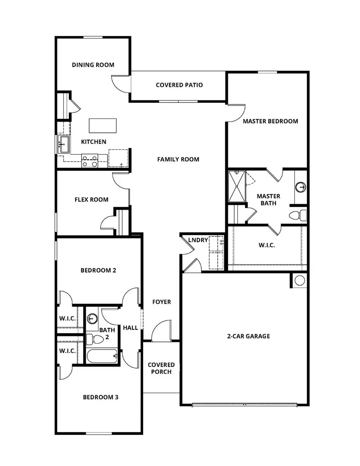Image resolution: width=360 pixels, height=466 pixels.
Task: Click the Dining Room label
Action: [93, 65]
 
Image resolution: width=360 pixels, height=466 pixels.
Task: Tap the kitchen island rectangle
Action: [103, 126]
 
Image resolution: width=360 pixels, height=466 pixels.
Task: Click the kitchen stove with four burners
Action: [90, 161]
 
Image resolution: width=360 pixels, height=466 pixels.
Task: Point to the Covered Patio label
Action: [179, 85]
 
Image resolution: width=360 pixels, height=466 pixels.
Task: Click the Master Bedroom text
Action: [270, 121]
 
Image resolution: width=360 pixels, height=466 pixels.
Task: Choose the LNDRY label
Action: [198, 240]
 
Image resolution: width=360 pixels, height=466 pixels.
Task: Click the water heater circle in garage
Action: [300, 280]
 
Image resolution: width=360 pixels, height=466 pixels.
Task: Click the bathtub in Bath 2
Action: [102, 356]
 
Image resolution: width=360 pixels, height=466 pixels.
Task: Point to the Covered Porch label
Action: [161, 368]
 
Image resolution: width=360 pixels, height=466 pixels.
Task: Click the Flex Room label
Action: [92, 200]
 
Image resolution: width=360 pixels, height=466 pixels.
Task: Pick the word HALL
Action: [130, 328]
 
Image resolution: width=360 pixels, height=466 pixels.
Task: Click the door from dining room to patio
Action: [121, 83]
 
